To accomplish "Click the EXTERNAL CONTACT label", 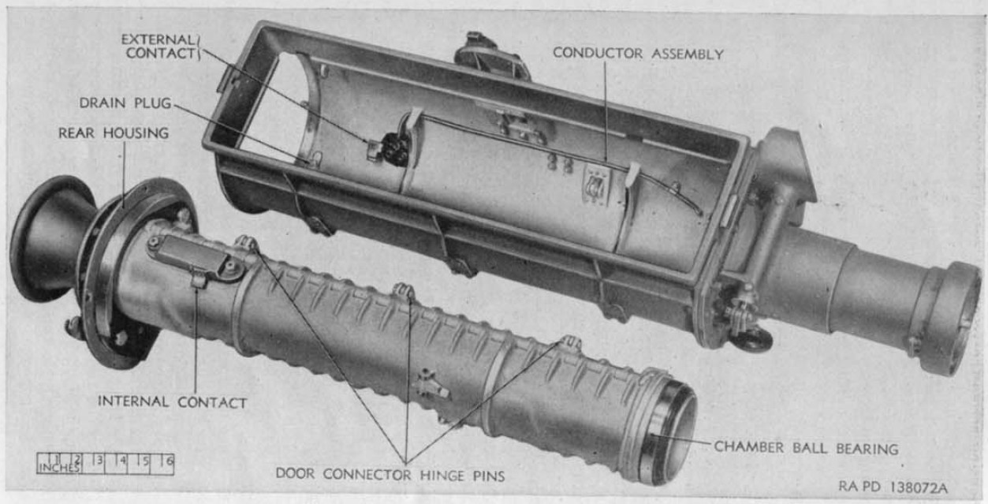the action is [158, 47].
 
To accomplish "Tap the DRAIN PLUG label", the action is [125, 103].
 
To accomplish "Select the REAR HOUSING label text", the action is [114, 133].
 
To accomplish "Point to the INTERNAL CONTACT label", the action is [173, 402].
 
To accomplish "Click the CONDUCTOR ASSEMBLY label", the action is [638, 54].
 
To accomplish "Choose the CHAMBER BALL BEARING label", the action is [807, 448].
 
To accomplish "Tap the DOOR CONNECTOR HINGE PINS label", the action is [390, 475].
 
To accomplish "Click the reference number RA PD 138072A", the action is [893, 487].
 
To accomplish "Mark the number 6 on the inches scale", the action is [166, 461].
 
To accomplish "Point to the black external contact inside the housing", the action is [394, 149].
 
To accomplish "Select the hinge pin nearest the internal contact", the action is [247, 244].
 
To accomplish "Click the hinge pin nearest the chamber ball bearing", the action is [570, 342].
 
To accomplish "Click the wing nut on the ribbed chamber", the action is [430, 383].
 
